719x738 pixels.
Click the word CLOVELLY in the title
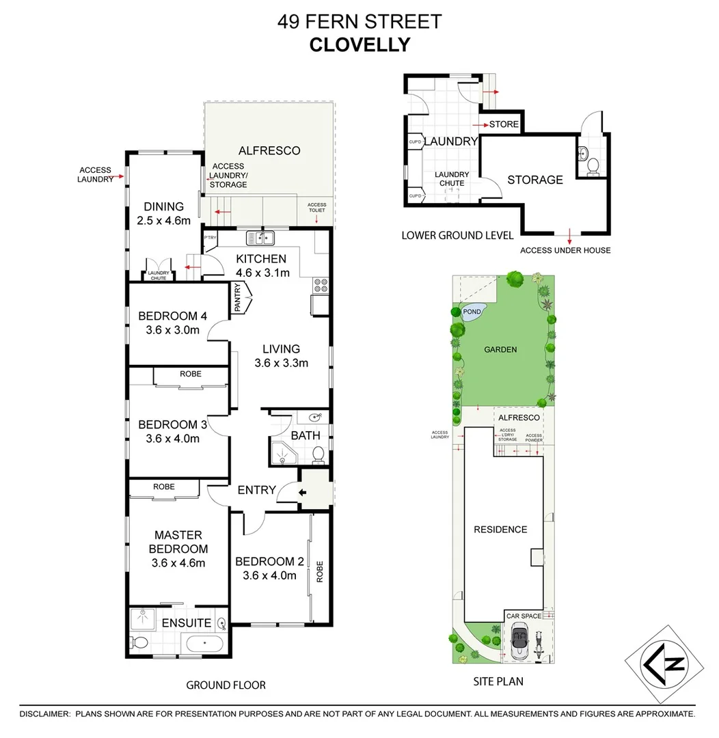point(359,44)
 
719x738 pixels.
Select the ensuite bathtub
point(204,644)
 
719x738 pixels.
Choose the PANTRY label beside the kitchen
point(239,299)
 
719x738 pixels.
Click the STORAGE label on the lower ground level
point(535,180)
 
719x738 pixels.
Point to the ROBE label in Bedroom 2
point(318,572)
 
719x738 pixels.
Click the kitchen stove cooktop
point(320,284)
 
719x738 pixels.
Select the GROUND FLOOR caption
point(226,685)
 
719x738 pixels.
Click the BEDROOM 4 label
point(172,316)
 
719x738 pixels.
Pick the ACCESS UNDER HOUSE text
point(565,250)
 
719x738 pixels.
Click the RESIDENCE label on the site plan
point(502,529)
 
